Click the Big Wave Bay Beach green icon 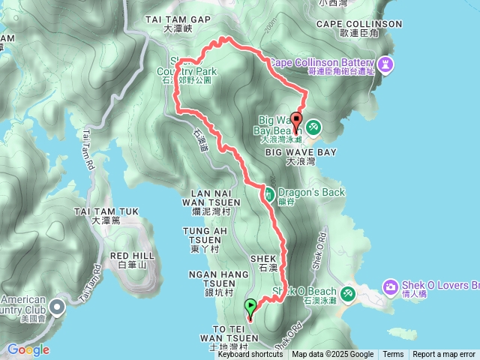(313, 127)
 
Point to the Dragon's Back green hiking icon (268, 193)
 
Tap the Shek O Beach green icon (348, 292)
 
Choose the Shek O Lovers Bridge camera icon (390, 286)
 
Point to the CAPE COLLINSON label (359, 24)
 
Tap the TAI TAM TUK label (104, 212)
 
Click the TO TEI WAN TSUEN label (223, 334)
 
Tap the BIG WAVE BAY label (301, 151)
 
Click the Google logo (28, 349)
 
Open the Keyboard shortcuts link (250, 355)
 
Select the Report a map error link (444, 355)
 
